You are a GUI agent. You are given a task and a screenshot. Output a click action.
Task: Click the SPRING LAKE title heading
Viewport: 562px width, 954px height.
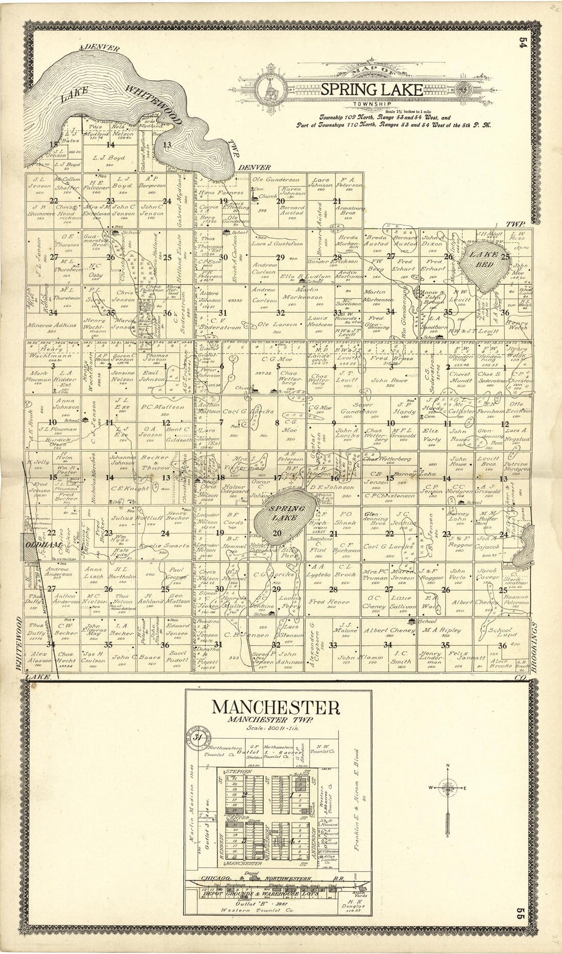[371, 90]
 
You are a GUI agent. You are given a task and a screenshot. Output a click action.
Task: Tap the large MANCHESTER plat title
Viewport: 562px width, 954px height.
[275, 708]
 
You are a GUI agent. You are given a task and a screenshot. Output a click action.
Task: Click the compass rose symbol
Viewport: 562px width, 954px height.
[448, 788]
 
